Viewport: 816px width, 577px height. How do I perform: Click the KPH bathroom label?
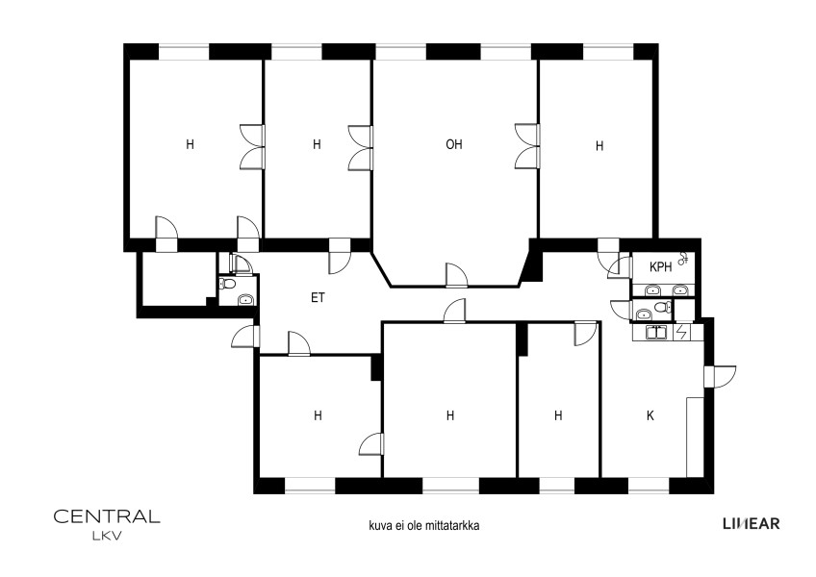(660, 267)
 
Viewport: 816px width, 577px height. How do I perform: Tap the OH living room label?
(454, 144)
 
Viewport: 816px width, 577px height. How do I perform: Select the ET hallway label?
(318, 297)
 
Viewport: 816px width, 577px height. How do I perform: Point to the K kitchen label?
(650, 415)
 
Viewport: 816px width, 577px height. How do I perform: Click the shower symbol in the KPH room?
(683, 259)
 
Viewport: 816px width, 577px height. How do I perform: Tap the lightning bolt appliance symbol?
(680, 332)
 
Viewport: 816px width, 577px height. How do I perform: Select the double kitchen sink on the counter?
(657, 332)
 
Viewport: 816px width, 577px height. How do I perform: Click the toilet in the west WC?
(227, 283)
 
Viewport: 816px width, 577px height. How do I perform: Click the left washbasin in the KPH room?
(652, 290)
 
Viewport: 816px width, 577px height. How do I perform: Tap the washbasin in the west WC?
(245, 299)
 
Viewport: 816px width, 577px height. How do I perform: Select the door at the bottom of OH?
(456, 275)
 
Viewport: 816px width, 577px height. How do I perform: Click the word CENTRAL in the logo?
(107, 516)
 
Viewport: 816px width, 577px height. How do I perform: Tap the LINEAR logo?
(752, 523)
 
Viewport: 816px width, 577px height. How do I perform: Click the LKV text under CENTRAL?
(107, 537)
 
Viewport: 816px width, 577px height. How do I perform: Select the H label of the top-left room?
(190, 144)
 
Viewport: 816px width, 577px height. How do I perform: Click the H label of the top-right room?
(599, 146)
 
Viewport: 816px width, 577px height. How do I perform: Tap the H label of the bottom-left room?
(318, 415)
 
